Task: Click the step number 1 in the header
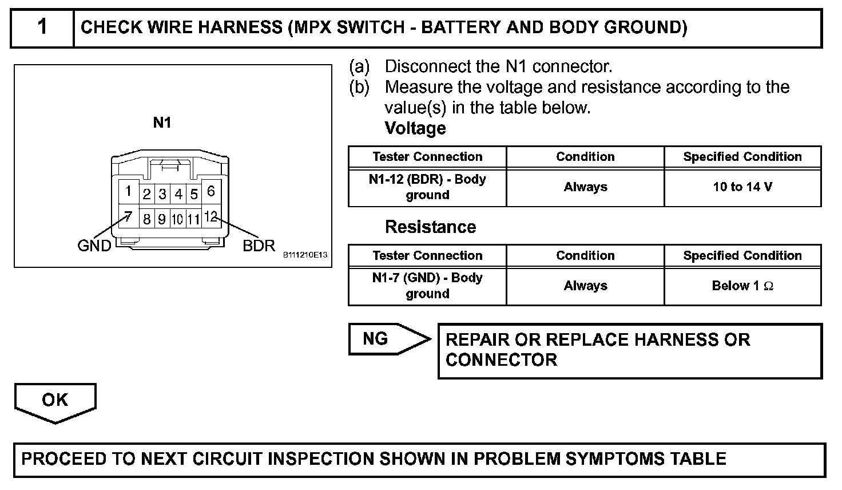tap(42, 27)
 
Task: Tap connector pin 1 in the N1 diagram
tap(129, 191)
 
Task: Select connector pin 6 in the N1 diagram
tap(210, 191)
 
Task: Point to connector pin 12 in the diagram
tap(210, 217)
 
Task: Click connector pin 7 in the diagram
tap(129, 218)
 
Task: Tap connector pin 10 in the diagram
tap(178, 219)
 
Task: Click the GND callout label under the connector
tap(94, 246)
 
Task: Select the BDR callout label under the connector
tap(259, 246)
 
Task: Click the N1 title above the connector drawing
tap(162, 122)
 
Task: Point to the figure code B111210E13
tap(305, 255)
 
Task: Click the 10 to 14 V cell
tap(742, 187)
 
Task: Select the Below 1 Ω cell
tap(742, 286)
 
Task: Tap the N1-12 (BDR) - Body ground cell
tap(427, 187)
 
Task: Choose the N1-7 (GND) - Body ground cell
tap(427, 286)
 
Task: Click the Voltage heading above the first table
tap(415, 128)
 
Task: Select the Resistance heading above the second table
tap(430, 227)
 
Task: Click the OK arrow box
tap(55, 400)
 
